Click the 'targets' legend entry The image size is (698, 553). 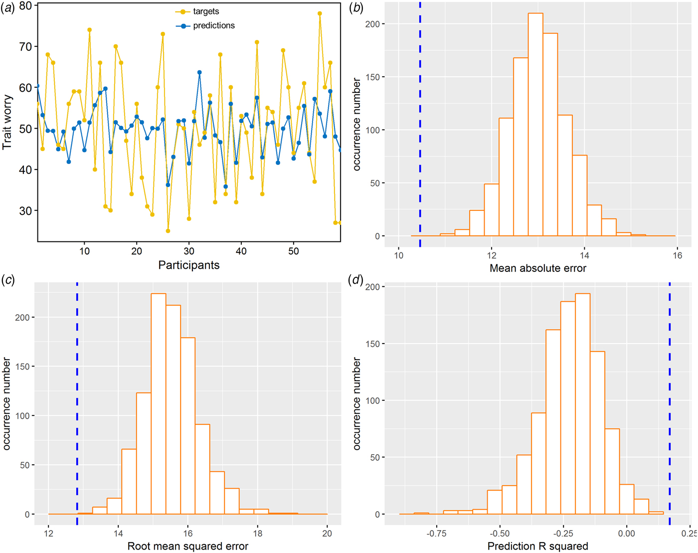[x=205, y=11]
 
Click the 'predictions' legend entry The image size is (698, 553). [x=213, y=25]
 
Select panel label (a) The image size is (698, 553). [x=8, y=8]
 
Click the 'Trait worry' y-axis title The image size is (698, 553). [x=7, y=122]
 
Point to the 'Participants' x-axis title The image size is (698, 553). [x=189, y=265]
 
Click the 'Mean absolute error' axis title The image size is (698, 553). [x=538, y=268]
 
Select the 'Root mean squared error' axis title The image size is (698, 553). [x=188, y=546]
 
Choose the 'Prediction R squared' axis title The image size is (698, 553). [x=538, y=546]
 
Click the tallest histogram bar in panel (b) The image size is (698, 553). [x=535, y=125]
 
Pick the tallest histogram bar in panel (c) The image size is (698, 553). [x=159, y=404]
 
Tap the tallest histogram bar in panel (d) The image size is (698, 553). [x=582, y=404]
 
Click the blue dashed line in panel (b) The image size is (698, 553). [x=420, y=125]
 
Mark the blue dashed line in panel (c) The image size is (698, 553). [x=77, y=399]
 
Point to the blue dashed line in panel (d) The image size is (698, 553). [x=670, y=399]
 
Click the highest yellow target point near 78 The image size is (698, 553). [x=320, y=13]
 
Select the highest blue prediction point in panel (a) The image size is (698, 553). [x=199, y=72]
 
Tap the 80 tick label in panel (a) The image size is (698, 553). [x=25, y=6]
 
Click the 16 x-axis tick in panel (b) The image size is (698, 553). [x=678, y=255]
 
